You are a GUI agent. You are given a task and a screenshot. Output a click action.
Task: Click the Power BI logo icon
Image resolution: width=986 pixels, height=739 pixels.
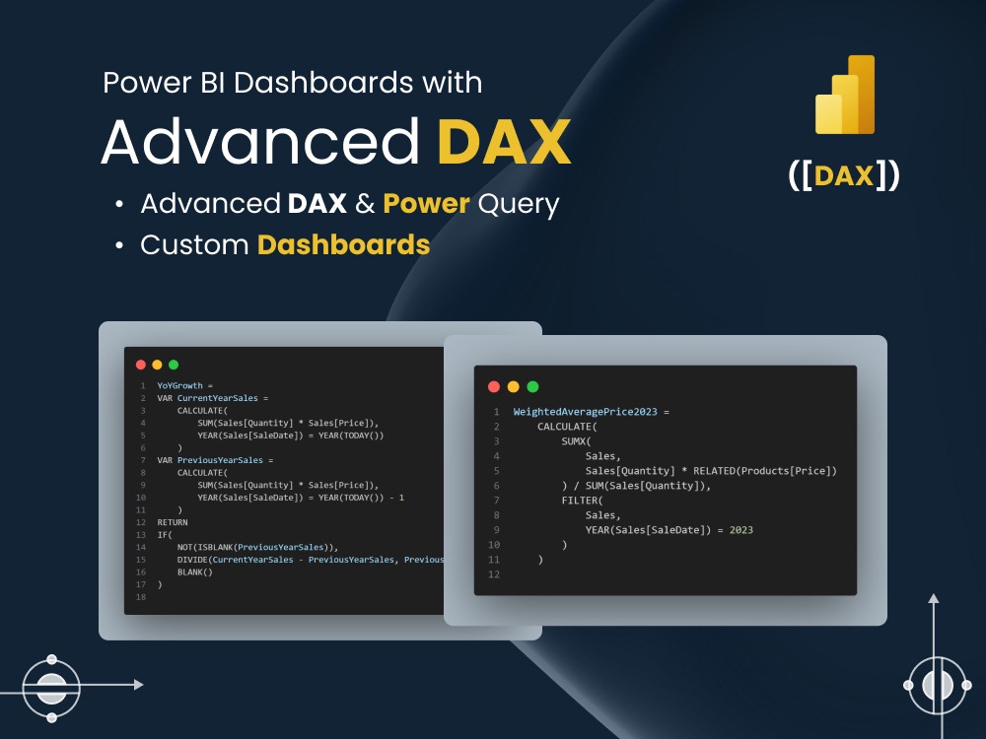845,95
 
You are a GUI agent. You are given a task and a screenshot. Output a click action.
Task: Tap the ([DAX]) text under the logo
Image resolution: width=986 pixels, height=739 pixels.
844,175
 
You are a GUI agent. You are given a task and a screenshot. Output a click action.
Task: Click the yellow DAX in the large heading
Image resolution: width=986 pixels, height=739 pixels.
504,142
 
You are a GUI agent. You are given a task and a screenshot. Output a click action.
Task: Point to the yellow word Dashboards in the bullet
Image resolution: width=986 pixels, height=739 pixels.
343,244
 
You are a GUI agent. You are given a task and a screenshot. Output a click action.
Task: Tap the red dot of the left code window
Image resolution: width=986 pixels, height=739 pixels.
141,365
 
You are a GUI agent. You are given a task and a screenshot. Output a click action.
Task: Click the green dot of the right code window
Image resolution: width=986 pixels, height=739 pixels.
533,386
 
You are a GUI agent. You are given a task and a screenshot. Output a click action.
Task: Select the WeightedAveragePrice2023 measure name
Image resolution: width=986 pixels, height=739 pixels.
589,411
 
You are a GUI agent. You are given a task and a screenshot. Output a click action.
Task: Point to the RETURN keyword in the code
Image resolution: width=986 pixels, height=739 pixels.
173,522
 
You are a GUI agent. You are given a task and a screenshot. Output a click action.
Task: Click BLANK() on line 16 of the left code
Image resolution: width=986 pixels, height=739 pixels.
194,571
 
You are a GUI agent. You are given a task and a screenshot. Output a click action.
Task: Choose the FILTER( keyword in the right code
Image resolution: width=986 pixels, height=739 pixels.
581,501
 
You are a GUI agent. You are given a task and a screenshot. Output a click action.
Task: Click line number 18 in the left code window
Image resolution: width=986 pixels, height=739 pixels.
141,597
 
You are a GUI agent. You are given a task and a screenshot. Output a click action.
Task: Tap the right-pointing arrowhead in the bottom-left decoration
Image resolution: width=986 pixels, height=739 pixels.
138,684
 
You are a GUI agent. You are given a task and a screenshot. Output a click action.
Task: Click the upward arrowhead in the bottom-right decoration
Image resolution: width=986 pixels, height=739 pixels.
934,598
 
